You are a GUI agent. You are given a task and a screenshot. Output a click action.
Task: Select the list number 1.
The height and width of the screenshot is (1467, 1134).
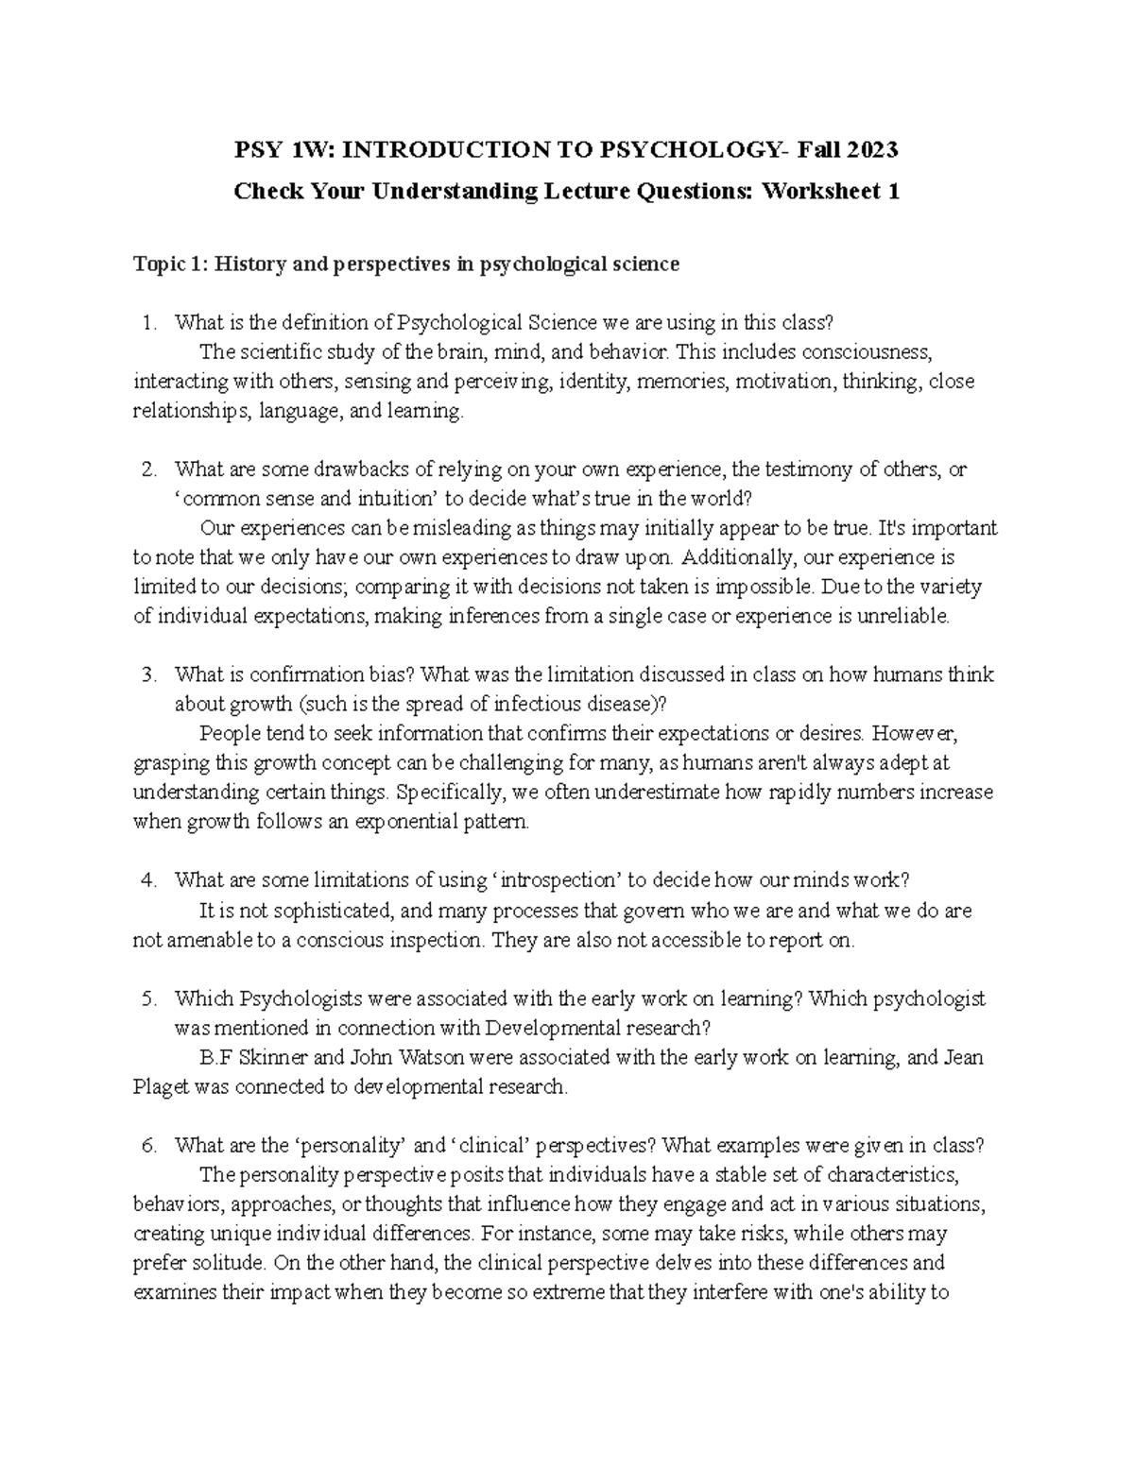pos(147,323)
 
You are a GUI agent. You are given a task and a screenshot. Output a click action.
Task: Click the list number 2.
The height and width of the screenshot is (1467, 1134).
pos(147,469)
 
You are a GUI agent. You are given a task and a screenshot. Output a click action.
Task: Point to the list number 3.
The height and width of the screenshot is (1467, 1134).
pos(147,674)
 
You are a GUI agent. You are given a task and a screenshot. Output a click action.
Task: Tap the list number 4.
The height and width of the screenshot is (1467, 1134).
pos(147,880)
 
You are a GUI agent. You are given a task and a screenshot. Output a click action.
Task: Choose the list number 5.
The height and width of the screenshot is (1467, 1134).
pos(147,998)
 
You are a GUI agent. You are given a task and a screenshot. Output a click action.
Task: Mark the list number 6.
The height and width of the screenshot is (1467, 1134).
pos(147,1146)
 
